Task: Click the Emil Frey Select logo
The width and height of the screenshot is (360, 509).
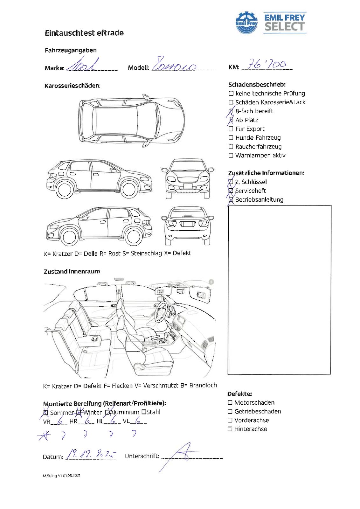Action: coord(271,23)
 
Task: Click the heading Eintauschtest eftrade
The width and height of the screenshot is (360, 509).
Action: coord(84,33)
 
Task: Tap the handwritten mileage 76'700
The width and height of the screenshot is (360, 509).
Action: coord(267,65)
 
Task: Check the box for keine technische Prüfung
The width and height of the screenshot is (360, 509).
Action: coord(231,94)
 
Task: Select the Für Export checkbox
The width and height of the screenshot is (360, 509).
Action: coord(231,129)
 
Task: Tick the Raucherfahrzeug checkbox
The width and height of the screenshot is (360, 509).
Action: coord(231,147)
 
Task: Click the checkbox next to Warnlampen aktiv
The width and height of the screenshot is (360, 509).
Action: coord(231,156)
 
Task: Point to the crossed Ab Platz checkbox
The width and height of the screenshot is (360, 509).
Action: coord(231,120)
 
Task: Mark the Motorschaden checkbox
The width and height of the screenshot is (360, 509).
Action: coord(230,402)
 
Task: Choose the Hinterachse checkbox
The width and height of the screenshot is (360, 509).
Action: coord(230,429)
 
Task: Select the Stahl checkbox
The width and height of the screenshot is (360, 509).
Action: coord(144,412)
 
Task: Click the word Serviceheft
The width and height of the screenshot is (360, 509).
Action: coord(251,191)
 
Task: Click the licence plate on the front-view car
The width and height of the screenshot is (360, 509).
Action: coord(188,186)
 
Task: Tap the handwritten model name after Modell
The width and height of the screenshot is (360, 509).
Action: coord(174,65)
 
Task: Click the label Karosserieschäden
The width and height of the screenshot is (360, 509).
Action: coord(73,86)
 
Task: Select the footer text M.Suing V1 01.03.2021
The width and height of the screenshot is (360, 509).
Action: coord(62,476)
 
